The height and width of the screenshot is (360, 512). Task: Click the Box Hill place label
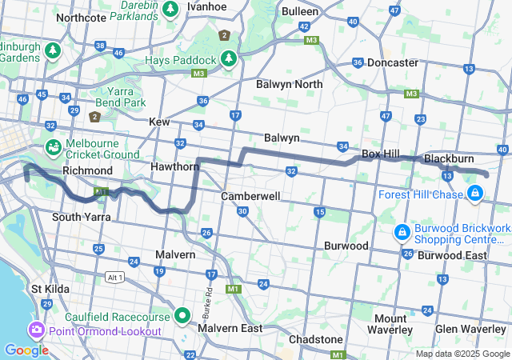(x=381, y=153)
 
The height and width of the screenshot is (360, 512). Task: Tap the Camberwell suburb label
(x=250, y=196)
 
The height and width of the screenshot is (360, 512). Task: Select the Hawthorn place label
(x=174, y=166)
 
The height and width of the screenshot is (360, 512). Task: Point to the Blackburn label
(x=450, y=159)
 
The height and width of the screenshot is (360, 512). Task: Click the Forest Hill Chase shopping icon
(x=475, y=193)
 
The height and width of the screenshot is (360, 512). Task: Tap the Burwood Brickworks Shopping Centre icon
(x=402, y=232)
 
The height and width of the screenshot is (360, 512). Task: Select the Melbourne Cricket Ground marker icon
(x=53, y=147)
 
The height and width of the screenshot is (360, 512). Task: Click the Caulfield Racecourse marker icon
(x=182, y=316)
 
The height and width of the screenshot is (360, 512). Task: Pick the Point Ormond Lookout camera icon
(x=36, y=330)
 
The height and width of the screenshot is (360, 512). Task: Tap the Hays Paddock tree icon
(x=229, y=59)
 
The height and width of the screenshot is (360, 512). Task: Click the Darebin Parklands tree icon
(x=170, y=9)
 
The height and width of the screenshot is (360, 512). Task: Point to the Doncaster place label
(x=392, y=62)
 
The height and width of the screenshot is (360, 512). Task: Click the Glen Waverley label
(x=470, y=329)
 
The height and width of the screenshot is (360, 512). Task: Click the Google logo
(x=26, y=350)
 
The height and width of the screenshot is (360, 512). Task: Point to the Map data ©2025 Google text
(x=462, y=354)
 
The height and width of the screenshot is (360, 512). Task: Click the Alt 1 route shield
(x=115, y=277)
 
